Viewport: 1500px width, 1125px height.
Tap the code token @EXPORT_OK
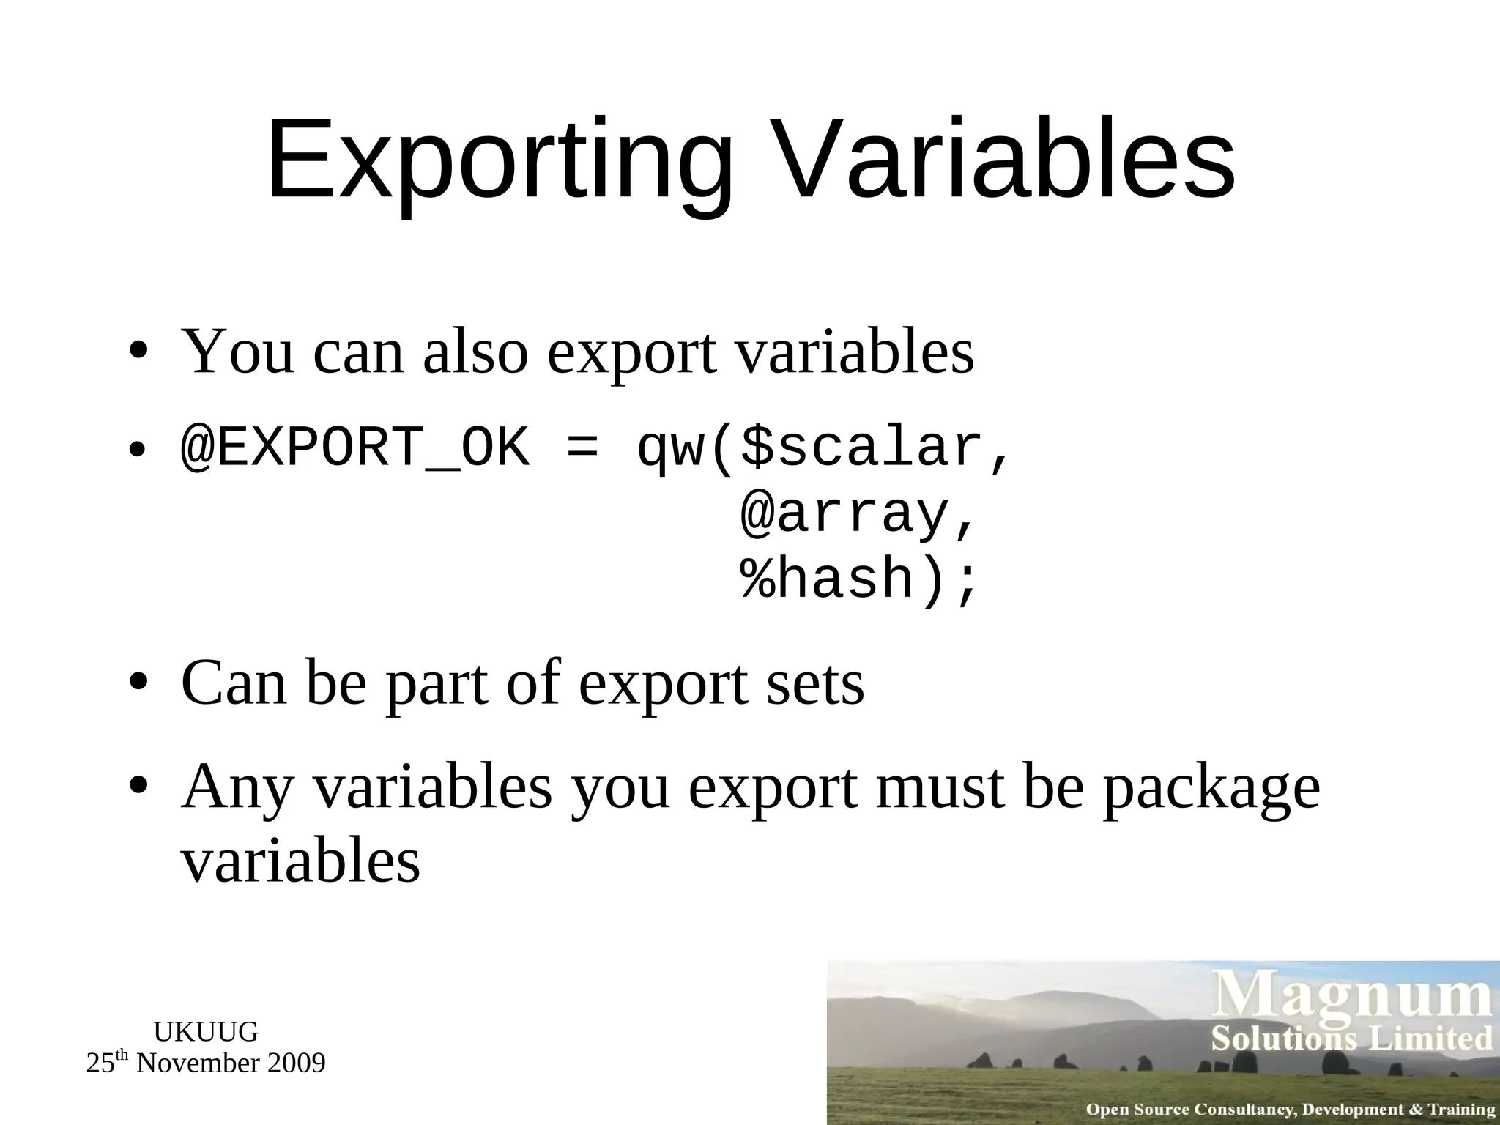[x=354, y=448]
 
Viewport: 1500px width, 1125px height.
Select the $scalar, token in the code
[x=875, y=448]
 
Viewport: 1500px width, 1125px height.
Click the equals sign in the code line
[x=582, y=448]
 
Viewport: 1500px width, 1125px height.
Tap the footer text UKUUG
[x=206, y=1032]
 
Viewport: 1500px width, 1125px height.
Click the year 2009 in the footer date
[x=296, y=1063]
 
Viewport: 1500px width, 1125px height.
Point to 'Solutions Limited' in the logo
[x=1351, y=1039]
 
